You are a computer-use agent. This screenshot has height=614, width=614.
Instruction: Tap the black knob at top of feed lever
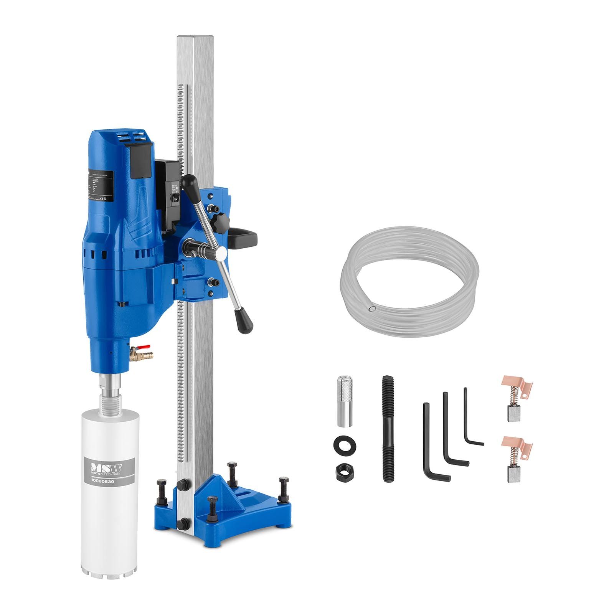coord(188,183)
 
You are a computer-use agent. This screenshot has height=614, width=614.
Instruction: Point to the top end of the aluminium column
coord(195,38)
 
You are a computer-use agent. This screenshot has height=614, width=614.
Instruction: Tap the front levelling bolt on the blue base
coord(212,501)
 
